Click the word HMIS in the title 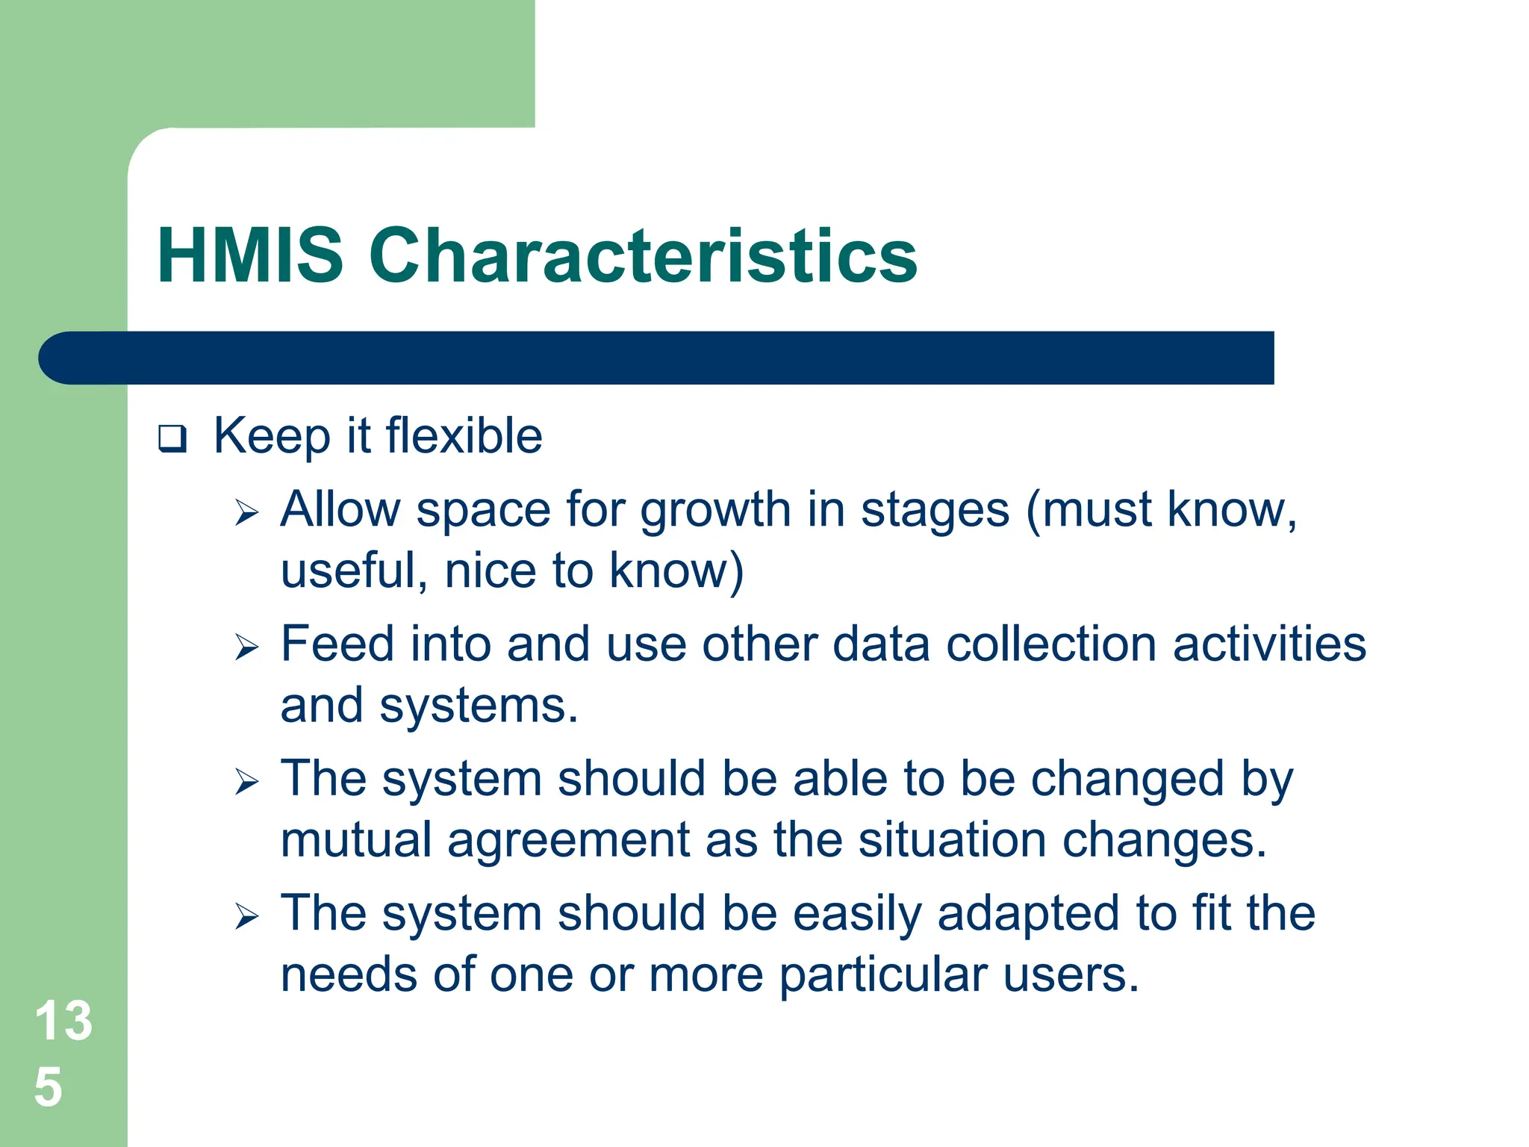[250, 256]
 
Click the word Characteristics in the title [643, 256]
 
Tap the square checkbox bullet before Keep [172, 438]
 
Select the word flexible [464, 435]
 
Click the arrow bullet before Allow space [246, 513]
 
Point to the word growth [715, 512]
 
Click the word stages [935, 512]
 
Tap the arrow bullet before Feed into [246, 647]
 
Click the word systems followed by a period [478, 706]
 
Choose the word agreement [568, 841]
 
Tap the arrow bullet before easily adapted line [246, 916]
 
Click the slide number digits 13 [63, 1021]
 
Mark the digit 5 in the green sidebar [49, 1087]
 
